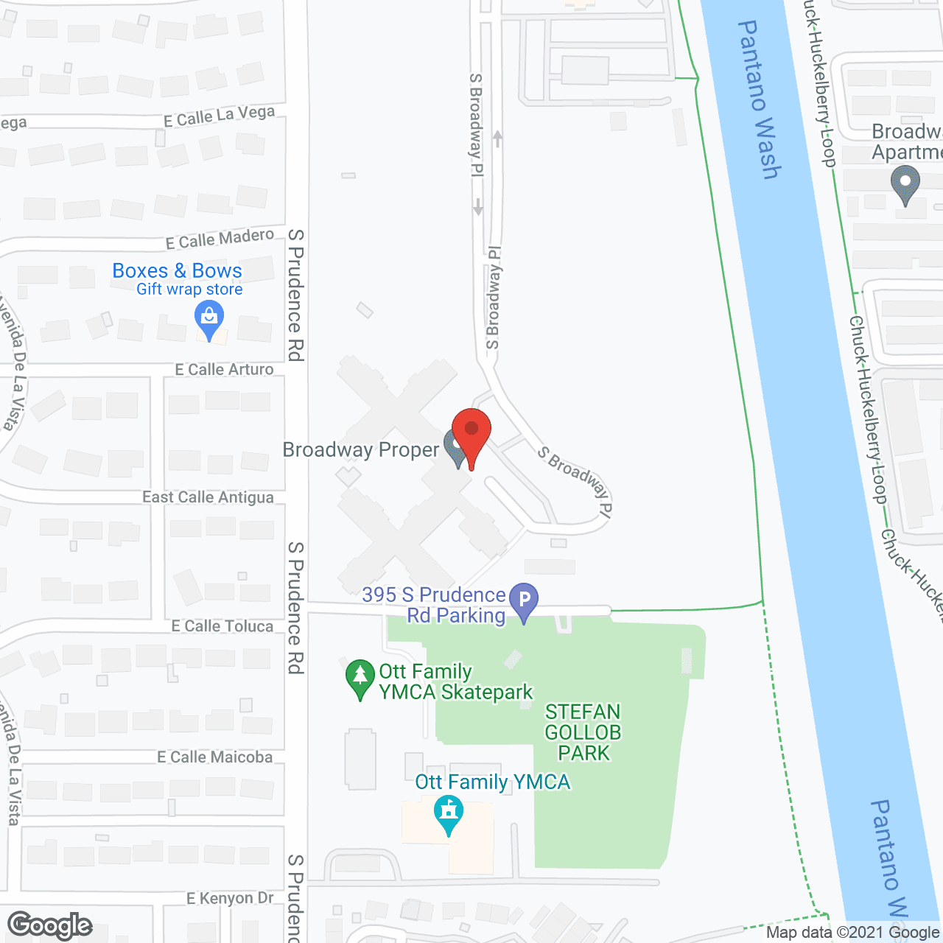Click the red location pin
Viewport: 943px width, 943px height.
471,431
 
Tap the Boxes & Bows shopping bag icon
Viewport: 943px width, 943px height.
209,318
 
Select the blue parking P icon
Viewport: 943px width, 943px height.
524,599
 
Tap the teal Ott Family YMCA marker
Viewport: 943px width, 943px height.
448,813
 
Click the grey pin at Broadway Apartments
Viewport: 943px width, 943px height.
905,181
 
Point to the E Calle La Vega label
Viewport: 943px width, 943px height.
219,116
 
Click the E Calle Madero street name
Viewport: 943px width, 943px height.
220,239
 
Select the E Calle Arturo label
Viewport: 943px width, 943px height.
224,369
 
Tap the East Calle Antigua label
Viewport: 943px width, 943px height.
208,497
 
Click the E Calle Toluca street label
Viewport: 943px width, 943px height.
222,625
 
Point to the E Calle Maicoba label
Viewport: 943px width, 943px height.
214,757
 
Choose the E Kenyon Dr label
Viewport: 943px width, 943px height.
230,898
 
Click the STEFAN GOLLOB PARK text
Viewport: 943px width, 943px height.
583,732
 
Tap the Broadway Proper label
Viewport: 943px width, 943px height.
361,450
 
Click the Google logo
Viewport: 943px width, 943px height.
50,925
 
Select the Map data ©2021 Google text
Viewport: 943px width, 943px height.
852,933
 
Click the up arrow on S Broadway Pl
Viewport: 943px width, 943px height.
498,138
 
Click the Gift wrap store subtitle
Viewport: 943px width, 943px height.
189,290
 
